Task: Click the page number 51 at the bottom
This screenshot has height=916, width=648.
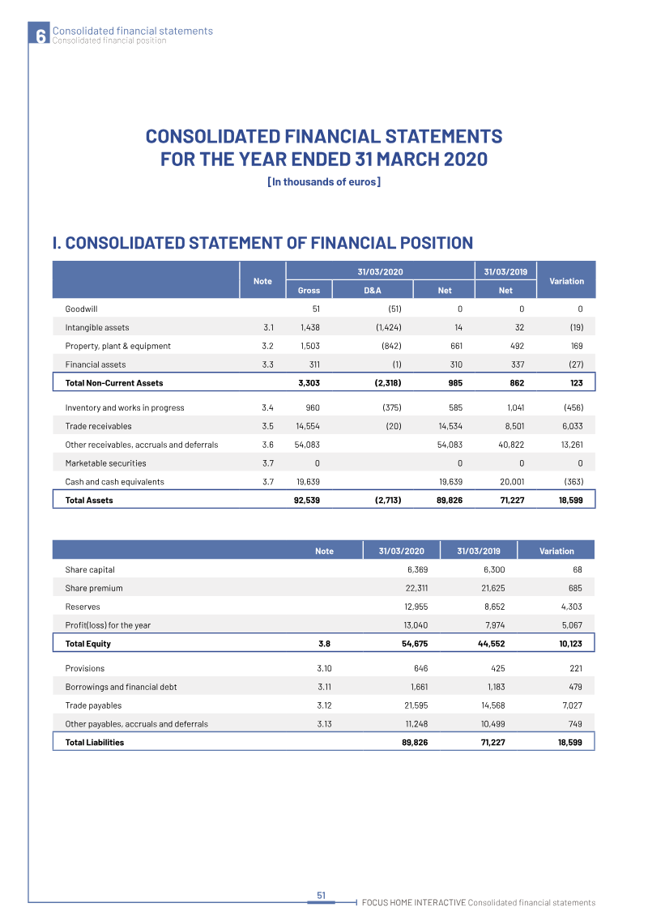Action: (321, 895)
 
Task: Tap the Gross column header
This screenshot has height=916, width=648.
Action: (309, 290)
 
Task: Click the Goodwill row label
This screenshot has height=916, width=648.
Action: (82, 309)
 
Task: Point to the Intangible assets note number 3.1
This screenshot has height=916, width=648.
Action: (268, 327)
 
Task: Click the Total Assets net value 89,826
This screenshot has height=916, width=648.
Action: (446, 501)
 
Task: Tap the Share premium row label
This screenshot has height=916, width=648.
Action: (94, 588)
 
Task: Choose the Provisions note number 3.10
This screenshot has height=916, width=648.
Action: (324, 669)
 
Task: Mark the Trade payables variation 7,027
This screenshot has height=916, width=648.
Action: (569, 706)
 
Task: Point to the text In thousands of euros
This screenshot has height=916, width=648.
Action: (324, 182)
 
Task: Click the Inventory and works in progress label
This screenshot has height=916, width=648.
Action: (125, 407)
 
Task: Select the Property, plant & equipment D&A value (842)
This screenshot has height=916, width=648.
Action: (389, 346)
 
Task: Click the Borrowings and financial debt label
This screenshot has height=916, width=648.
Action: (121, 688)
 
